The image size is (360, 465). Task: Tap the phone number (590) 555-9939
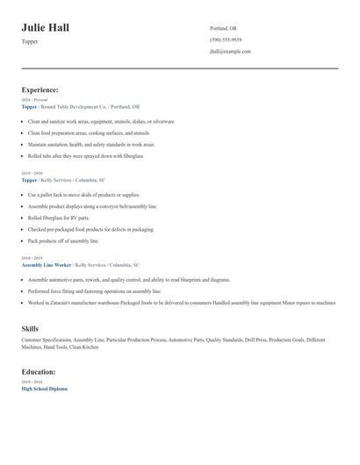226,39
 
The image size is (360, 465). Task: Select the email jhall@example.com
230,51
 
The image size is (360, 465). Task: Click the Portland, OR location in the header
223,28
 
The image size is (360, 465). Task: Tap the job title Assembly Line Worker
47,264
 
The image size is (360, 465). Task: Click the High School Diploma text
44,388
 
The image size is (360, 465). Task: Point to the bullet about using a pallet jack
83,195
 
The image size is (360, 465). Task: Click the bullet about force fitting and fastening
94,290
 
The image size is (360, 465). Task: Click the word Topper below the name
30,41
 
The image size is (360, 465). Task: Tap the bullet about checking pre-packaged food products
90,229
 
